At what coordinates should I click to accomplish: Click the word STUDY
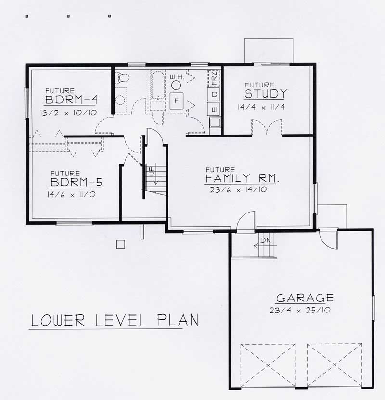click(x=266, y=93)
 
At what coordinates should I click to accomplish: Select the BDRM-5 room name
click(x=76, y=183)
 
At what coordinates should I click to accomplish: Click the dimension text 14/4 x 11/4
click(x=261, y=107)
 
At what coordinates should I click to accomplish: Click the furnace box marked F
click(x=177, y=101)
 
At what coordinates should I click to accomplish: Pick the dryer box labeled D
click(x=215, y=94)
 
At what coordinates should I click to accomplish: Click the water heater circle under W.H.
click(x=177, y=84)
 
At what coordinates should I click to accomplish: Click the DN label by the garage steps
click(x=266, y=240)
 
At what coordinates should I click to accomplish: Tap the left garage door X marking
click(x=268, y=365)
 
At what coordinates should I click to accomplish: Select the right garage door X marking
click(x=334, y=365)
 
